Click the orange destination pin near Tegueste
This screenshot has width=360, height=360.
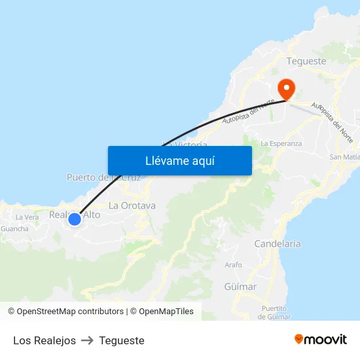coord(286,87)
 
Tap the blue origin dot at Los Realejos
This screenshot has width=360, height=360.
coord(75,219)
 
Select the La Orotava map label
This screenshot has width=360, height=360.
coord(132,206)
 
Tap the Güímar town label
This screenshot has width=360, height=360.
coord(240,287)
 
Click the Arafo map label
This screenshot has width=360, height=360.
coord(233,265)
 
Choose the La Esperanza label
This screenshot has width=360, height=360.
coord(281,143)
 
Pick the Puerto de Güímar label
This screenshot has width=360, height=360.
coord(274,312)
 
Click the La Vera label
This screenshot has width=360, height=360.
coord(27,217)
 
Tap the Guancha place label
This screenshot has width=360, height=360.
coord(14,229)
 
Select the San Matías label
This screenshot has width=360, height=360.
coord(345,157)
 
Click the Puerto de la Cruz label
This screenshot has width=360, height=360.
coord(103,177)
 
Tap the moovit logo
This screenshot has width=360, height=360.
coord(320,339)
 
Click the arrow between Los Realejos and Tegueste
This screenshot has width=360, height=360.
coord(88,340)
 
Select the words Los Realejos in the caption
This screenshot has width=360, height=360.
coord(45,340)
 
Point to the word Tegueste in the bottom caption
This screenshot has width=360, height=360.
coord(122,340)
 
